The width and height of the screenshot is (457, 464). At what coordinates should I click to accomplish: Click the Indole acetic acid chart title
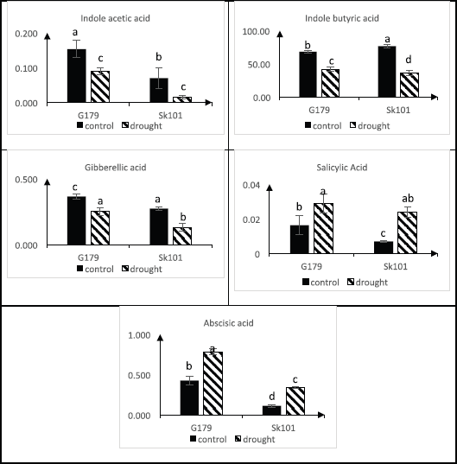[x=115, y=18]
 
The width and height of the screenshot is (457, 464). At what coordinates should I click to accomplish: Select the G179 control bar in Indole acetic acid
[x=77, y=76]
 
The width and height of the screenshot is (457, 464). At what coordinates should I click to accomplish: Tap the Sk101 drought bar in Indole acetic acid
[x=182, y=99]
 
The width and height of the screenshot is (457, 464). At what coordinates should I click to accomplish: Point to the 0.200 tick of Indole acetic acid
[x=26, y=34]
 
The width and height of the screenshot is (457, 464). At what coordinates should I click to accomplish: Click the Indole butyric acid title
[x=342, y=18]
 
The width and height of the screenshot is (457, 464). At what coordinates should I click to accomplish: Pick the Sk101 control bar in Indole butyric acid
[x=387, y=72]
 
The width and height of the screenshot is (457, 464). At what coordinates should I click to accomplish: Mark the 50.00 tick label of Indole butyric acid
[x=259, y=65]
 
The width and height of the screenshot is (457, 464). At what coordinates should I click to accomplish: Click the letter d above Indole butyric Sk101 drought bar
[x=409, y=60]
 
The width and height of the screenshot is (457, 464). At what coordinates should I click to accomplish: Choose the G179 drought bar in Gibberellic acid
[x=100, y=228]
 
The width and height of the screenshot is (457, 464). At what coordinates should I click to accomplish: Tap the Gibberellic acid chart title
[x=116, y=168]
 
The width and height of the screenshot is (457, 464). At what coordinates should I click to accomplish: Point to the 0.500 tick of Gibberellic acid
[x=26, y=180]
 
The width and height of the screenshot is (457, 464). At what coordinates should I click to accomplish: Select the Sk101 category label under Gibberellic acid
[x=170, y=257]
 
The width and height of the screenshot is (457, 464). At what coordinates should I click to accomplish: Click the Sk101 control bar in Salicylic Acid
[x=384, y=247]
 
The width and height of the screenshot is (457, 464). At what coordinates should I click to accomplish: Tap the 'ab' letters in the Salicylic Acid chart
[x=408, y=199]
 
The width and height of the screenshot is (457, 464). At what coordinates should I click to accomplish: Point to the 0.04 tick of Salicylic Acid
[x=251, y=185]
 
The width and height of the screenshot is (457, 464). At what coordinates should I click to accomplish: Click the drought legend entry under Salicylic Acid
[x=367, y=283]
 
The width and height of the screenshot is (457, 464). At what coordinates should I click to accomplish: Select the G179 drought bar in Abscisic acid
[x=213, y=384]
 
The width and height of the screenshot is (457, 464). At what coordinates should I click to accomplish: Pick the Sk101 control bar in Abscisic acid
[x=272, y=410]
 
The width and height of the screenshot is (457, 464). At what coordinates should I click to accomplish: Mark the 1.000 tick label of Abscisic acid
[x=139, y=335]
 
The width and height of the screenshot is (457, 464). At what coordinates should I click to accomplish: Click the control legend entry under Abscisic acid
[x=208, y=439]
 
